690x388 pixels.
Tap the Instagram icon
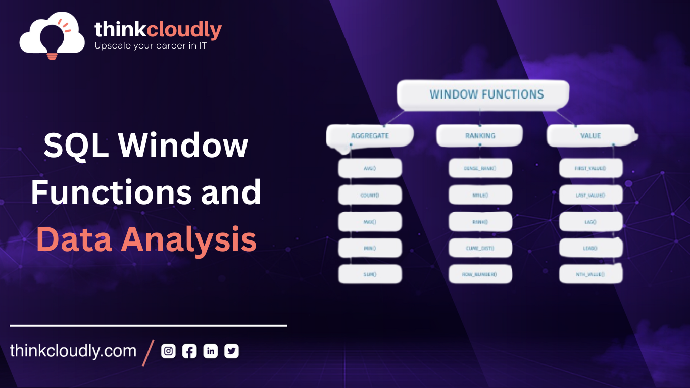coord(168,351)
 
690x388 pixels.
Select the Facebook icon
coord(189,351)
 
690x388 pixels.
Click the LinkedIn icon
coord(210,351)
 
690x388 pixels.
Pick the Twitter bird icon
coord(231,351)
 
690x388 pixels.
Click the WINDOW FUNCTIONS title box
coord(483,94)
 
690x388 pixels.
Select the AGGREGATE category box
coord(370,135)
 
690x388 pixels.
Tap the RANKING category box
coord(479,135)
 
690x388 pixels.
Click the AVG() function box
coord(370,168)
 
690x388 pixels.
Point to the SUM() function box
coord(370,274)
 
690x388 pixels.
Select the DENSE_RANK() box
coord(480,168)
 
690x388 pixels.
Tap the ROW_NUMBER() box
coord(480,274)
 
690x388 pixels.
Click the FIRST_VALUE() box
coord(590,168)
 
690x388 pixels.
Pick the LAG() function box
coord(590,221)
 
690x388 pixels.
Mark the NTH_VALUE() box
coord(590,274)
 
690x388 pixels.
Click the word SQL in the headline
coord(74,145)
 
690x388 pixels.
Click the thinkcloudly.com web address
coord(73,351)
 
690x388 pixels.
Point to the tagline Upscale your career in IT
coord(151,46)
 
